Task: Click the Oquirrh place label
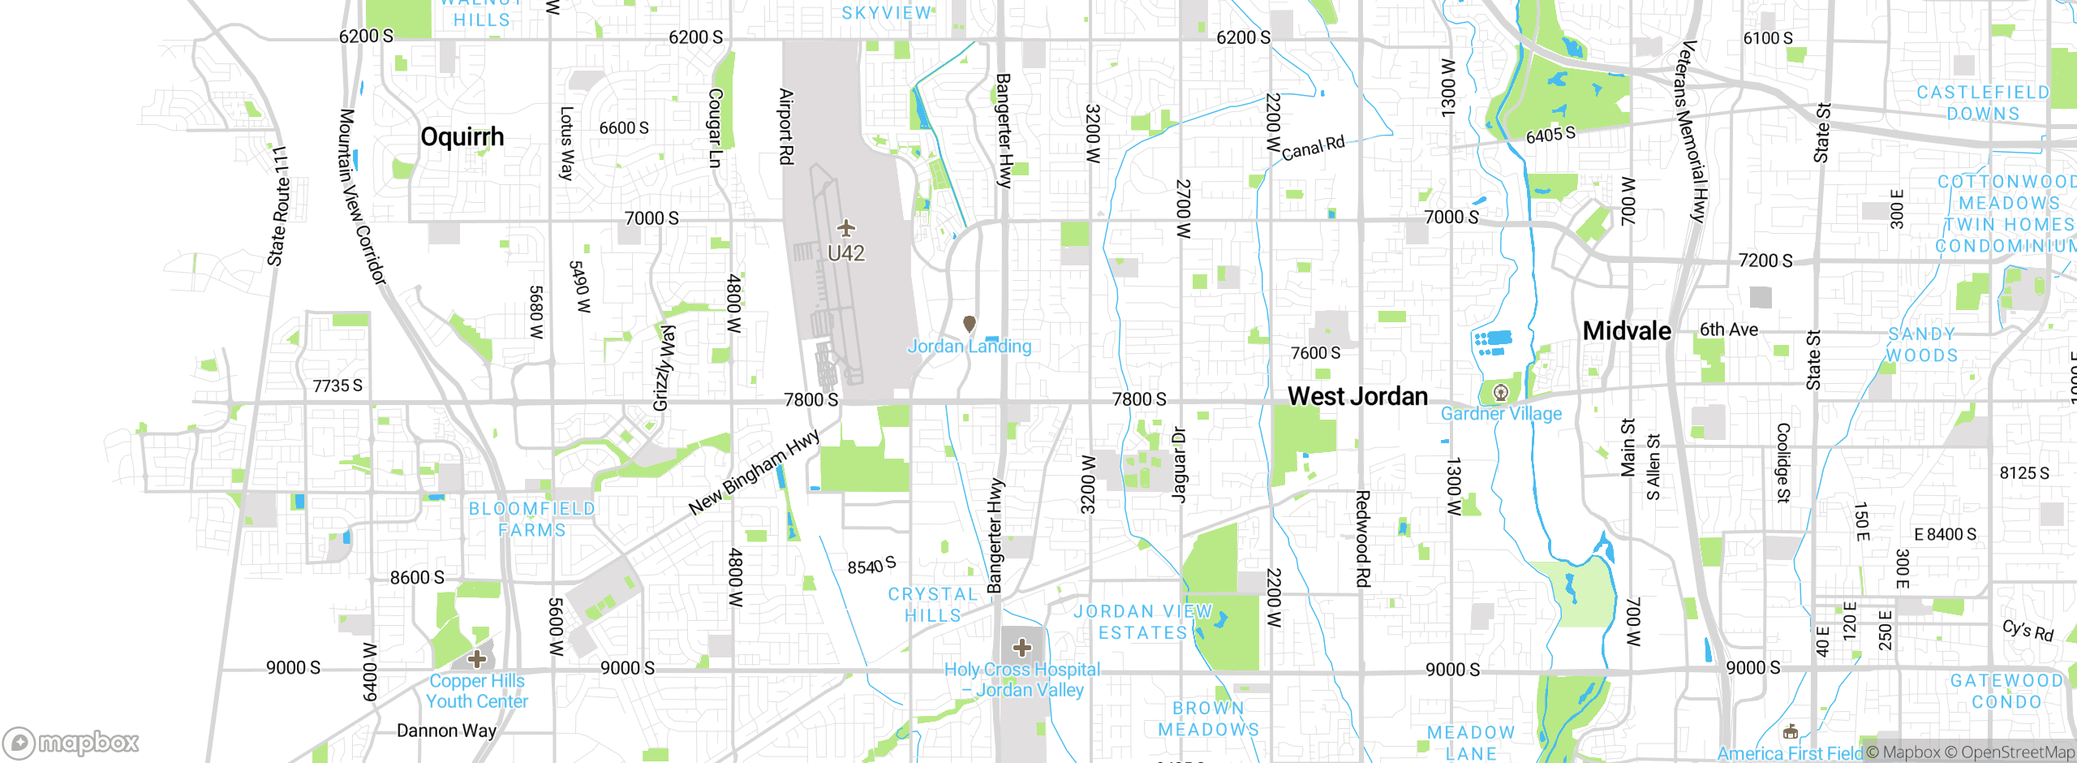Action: [x=462, y=137]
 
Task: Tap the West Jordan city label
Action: [x=1357, y=396]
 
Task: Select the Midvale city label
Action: [x=1627, y=331]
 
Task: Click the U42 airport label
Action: [x=845, y=254]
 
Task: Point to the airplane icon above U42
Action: [x=845, y=228]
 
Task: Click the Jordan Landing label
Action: [x=969, y=347]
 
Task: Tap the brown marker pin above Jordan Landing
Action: [x=969, y=324]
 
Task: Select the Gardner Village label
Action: [x=1501, y=414]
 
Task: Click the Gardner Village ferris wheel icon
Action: [x=1501, y=394]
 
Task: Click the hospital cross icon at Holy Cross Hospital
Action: [x=1022, y=648]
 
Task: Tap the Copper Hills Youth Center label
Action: [x=477, y=692]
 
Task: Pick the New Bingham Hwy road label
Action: [x=755, y=473]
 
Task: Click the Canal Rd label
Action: [x=1313, y=148]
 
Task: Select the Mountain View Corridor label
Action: [x=362, y=197]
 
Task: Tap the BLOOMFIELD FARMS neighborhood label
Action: [x=532, y=519]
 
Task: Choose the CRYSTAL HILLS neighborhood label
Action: [x=933, y=605]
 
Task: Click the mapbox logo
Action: [x=71, y=743]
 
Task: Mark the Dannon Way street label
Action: [x=446, y=731]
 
